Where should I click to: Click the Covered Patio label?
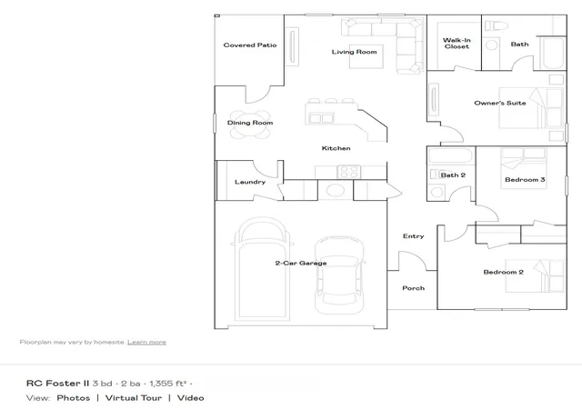click(x=250, y=45)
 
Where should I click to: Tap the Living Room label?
click(x=354, y=52)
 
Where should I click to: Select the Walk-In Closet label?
click(x=457, y=43)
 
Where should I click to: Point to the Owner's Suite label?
click(x=500, y=103)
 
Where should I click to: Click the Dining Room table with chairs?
click(x=250, y=124)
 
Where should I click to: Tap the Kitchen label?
click(x=336, y=148)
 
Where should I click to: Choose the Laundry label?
click(x=250, y=182)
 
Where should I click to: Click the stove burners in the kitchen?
click(x=348, y=172)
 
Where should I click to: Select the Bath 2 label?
click(x=453, y=175)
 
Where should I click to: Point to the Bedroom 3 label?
click(x=525, y=180)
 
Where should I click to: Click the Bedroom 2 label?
click(x=503, y=272)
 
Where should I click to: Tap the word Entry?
click(x=413, y=236)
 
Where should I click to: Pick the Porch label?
click(x=413, y=288)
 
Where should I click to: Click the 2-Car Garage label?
click(x=301, y=264)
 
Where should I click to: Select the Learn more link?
click(x=146, y=342)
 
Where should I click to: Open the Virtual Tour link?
click(x=134, y=398)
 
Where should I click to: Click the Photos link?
click(x=74, y=398)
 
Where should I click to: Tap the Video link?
click(x=190, y=398)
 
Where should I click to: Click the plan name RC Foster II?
click(x=57, y=384)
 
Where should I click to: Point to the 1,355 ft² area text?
click(x=167, y=384)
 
